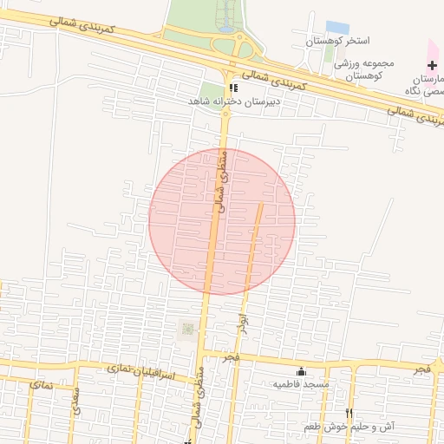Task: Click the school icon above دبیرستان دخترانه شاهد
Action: pyautogui.click(x=232, y=88)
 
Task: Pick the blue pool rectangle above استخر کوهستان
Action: pyautogui.click(x=337, y=28)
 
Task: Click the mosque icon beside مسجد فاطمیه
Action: pyautogui.click(x=302, y=371)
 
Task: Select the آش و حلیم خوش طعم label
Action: pyautogui.click(x=350, y=427)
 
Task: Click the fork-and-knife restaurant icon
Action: pyautogui.click(x=349, y=413)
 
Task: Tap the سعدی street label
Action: pyautogui.click(x=75, y=406)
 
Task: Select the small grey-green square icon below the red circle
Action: pyautogui.click(x=186, y=329)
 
